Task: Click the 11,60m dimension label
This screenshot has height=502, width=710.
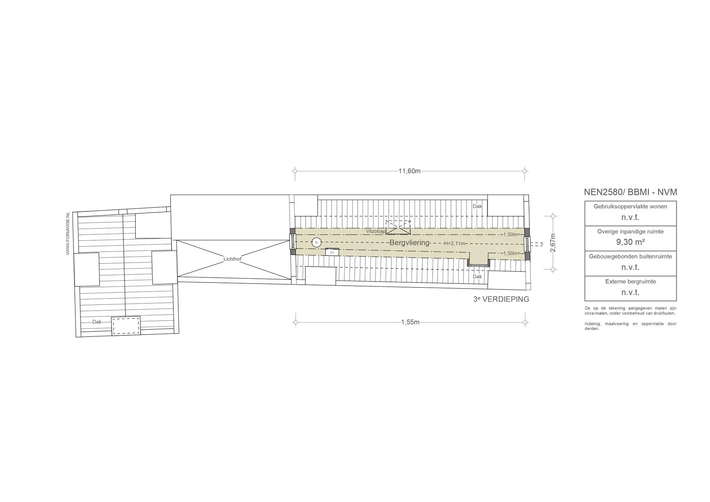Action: tap(409, 171)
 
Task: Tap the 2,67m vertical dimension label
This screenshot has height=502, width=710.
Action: tap(553, 243)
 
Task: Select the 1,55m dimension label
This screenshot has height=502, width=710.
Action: tap(410, 322)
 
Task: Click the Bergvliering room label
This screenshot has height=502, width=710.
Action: tap(409, 243)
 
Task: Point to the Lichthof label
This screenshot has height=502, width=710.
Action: tap(232, 259)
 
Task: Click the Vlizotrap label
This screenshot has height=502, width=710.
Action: tap(376, 231)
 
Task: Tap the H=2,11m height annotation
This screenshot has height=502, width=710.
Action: tap(454, 243)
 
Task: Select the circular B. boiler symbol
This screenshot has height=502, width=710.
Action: tap(317, 242)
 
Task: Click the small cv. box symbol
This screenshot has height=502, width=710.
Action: tap(332, 252)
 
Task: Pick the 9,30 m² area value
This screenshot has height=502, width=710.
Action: tap(630, 242)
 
